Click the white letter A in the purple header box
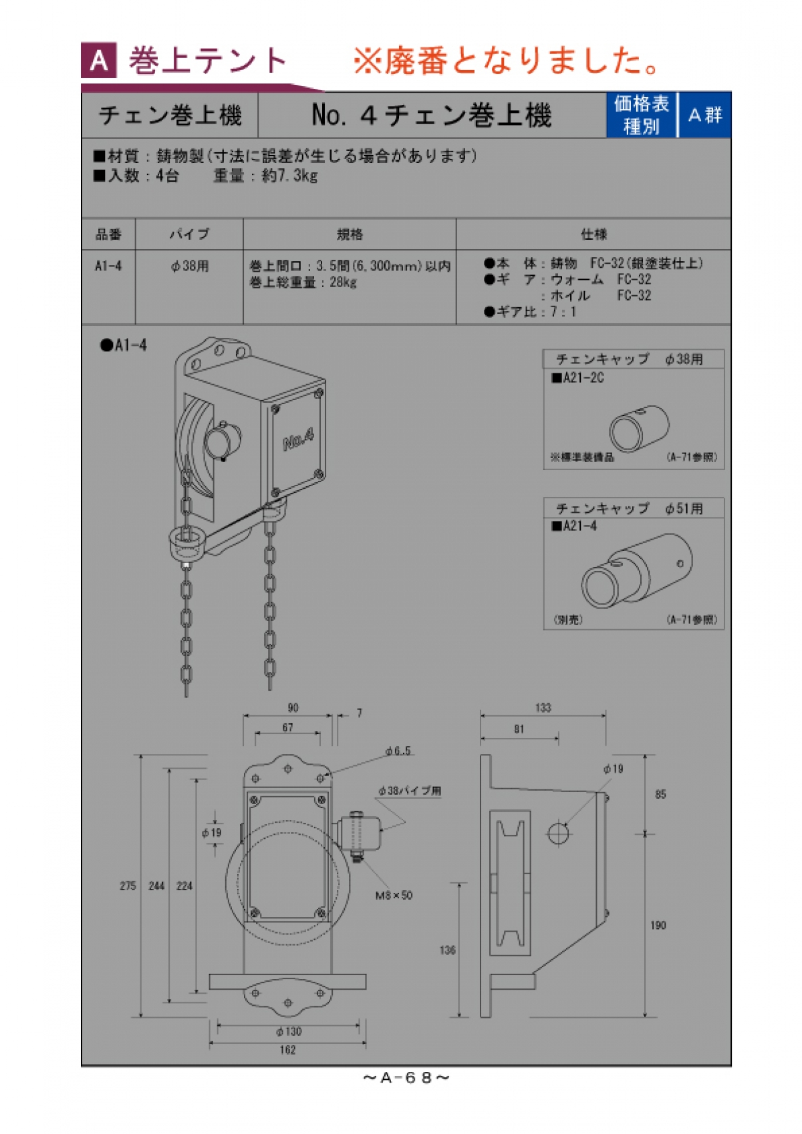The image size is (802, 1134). [99, 61]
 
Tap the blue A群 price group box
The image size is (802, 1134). [705, 115]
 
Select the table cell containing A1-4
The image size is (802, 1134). [108, 266]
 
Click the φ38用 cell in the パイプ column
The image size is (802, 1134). [190, 266]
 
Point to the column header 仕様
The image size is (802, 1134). [593, 234]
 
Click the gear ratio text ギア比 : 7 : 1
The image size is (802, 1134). [531, 312]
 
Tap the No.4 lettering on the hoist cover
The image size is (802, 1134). [298, 439]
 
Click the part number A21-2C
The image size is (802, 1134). [579, 378]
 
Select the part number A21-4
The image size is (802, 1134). [575, 526]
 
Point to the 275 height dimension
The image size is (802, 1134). [128, 886]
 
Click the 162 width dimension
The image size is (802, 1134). [287, 1050]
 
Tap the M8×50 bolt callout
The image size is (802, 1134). [394, 896]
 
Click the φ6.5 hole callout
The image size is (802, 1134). [398, 751]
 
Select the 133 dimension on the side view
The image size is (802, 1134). [543, 708]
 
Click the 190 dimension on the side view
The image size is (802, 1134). [658, 926]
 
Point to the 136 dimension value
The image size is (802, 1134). [447, 950]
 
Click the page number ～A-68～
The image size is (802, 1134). [406, 1078]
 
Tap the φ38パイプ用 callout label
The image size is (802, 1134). [409, 791]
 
